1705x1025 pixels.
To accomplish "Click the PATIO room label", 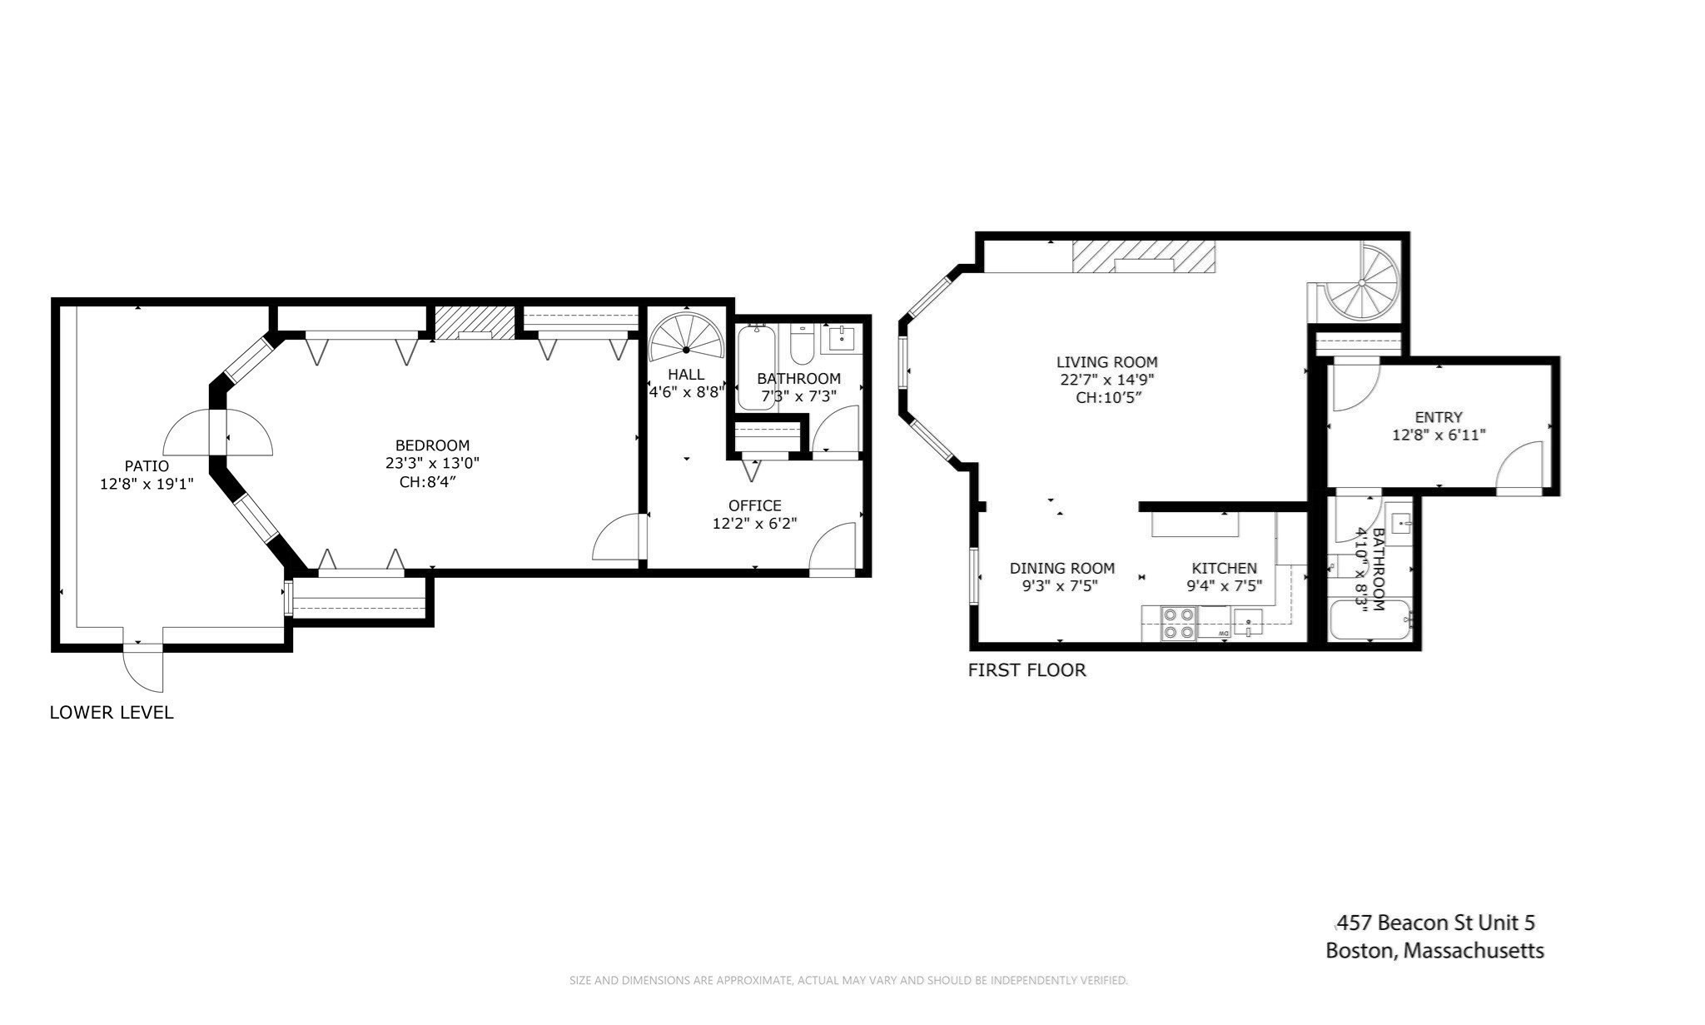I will (x=147, y=466).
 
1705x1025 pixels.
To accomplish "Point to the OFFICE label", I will (x=754, y=505).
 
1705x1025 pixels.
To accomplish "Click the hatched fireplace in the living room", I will (x=1143, y=256).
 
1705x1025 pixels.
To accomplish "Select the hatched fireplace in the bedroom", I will (x=475, y=322).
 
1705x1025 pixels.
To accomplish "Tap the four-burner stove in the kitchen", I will (x=1179, y=624).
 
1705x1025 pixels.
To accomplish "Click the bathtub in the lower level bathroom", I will (x=756, y=367).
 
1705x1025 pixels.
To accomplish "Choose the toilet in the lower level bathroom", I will (x=801, y=347).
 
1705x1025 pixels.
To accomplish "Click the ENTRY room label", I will (x=1438, y=417).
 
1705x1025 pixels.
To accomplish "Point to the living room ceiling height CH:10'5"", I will (x=1107, y=397).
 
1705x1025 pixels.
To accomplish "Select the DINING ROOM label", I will (x=1061, y=568).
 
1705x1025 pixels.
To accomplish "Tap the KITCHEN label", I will (x=1224, y=568).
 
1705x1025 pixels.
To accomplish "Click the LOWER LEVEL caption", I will (x=112, y=712).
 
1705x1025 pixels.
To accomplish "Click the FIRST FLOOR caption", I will (x=1026, y=669).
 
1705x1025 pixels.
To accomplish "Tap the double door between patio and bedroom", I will (x=217, y=433).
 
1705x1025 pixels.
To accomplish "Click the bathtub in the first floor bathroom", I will (x=1370, y=620).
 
